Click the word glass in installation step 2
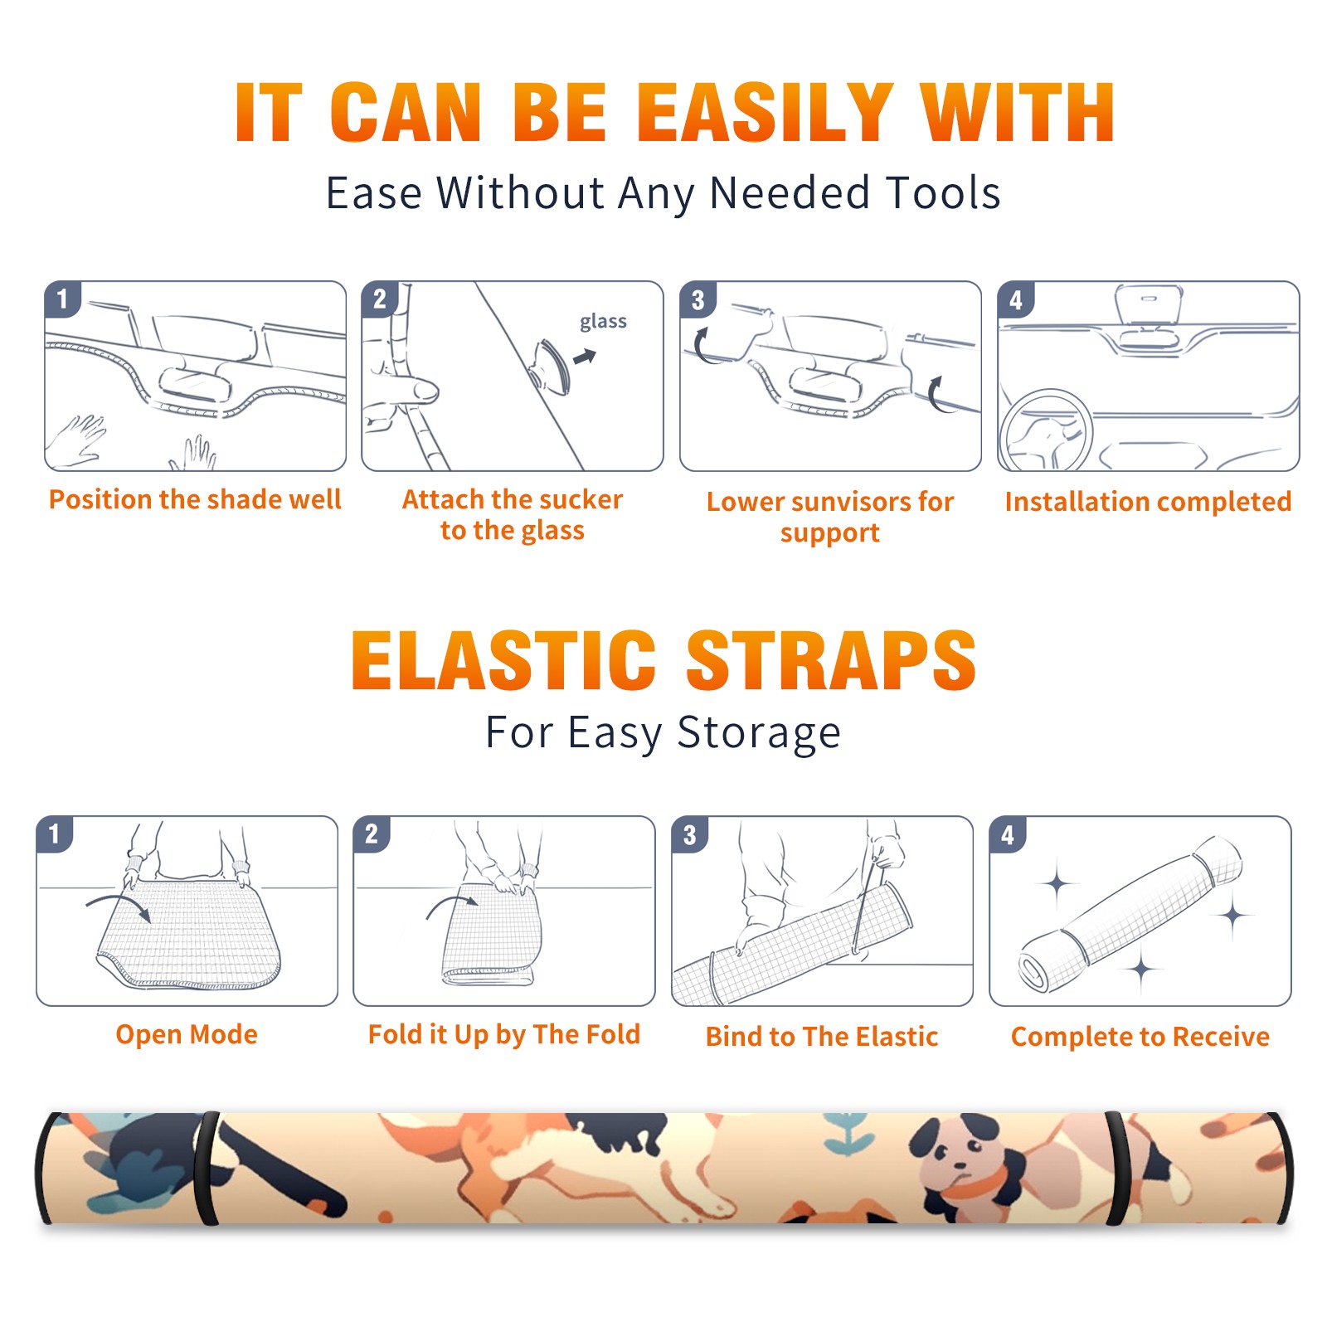tap(603, 322)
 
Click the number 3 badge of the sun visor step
tap(698, 299)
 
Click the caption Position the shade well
tap(195, 499)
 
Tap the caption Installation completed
tap(1148, 502)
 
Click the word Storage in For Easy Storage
tap(759, 733)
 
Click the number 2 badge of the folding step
tap(371, 834)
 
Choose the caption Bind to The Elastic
tap(822, 1037)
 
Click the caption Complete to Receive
tap(1140, 1037)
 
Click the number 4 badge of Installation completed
tap(1015, 299)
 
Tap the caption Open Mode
tap(187, 1034)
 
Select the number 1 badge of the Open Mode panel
tap(54, 834)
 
